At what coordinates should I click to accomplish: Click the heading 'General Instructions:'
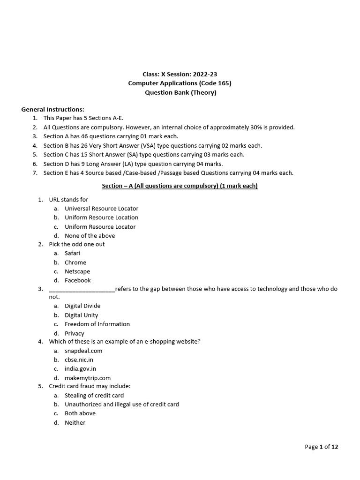point(52,109)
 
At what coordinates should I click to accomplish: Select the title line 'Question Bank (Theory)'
point(180,92)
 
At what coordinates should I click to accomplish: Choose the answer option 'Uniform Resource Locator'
point(100,226)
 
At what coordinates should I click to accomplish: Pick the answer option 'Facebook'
point(78,280)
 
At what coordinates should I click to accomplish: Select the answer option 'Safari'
point(73,253)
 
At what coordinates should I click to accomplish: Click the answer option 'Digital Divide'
point(82,306)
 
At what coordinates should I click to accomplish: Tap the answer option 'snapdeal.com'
point(83,351)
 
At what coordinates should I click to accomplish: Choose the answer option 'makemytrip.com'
point(88,378)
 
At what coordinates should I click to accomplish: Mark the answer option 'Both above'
point(80,413)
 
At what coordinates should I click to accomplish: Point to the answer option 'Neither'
point(75,422)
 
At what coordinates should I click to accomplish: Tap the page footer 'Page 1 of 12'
point(321,447)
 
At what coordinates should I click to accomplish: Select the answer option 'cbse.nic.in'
point(79,360)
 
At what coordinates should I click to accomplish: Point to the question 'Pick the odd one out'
point(77,244)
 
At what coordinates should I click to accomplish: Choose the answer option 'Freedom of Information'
point(97,324)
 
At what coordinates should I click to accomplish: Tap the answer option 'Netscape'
point(77,271)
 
